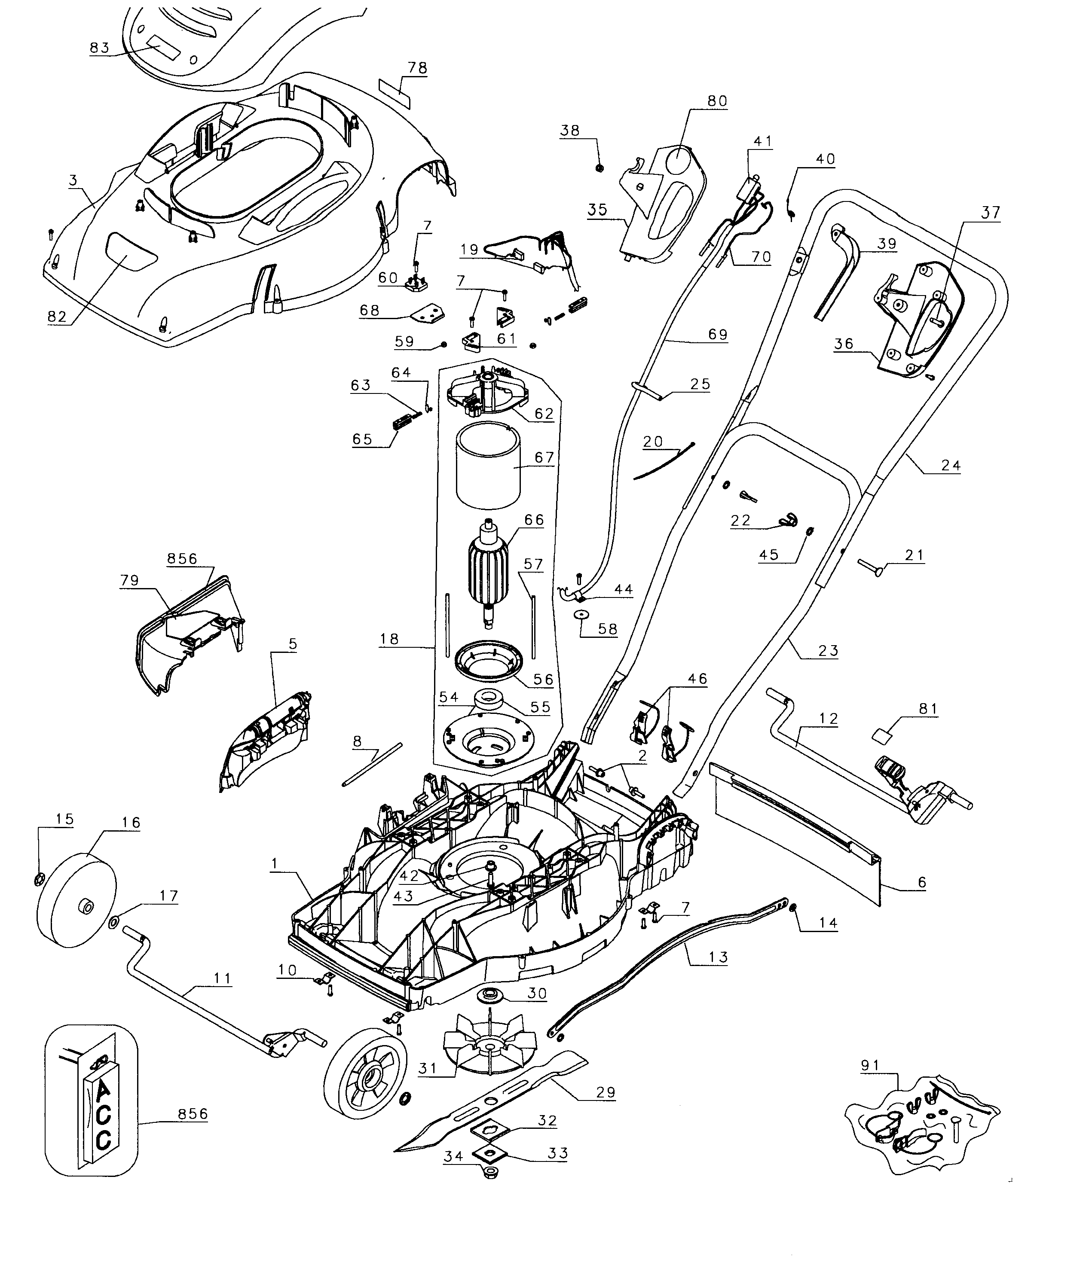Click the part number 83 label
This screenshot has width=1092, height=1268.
(x=99, y=48)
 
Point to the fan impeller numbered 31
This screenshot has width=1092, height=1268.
(x=489, y=1048)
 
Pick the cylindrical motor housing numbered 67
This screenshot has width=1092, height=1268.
(x=487, y=468)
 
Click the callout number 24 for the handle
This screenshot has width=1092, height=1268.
(x=951, y=465)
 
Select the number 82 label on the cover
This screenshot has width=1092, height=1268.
(x=56, y=317)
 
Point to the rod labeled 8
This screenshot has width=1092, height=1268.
(x=372, y=764)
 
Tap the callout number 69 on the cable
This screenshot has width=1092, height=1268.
(x=717, y=334)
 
